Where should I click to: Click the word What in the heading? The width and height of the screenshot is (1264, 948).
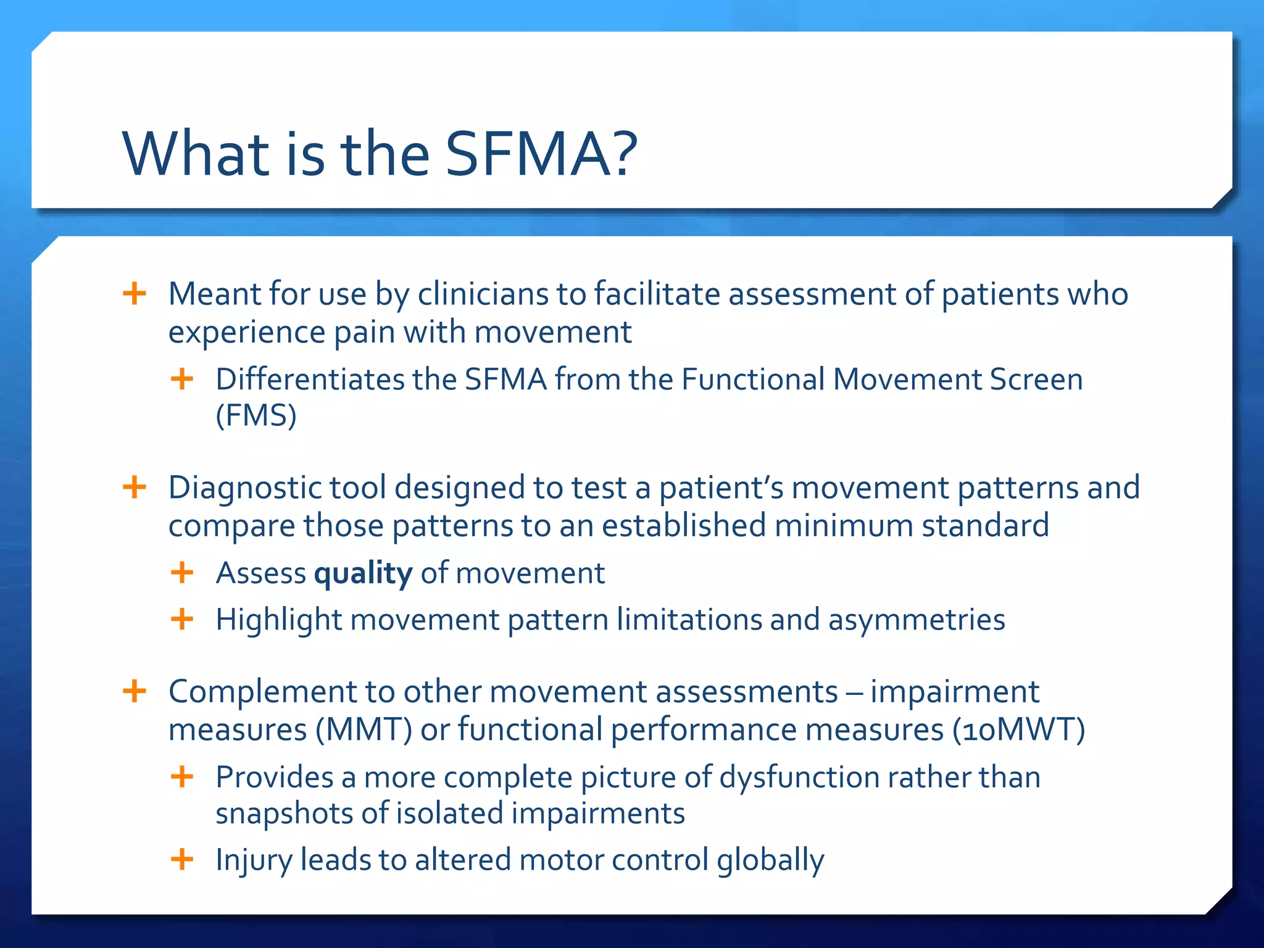click(x=195, y=154)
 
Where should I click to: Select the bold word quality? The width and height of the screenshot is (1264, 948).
click(x=363, y=574)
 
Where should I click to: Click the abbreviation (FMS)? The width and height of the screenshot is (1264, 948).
click(x=256, y=415)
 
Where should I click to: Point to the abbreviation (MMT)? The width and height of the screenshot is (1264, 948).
click(x=364, y=730)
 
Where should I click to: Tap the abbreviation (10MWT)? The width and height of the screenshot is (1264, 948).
click(x=1018, y=730)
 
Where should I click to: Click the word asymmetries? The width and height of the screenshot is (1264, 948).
click(x=917, y=620)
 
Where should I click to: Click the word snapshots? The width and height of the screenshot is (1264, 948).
click(x=284, y=814)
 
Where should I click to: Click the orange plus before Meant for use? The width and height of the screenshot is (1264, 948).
click(x=135, y=293)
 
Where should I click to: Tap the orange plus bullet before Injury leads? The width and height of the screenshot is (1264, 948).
click(x=182, y=859)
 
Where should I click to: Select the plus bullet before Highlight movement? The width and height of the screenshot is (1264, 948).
click(x=182, y=619)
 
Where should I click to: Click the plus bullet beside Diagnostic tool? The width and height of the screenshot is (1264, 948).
click(x=135, y=488)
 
